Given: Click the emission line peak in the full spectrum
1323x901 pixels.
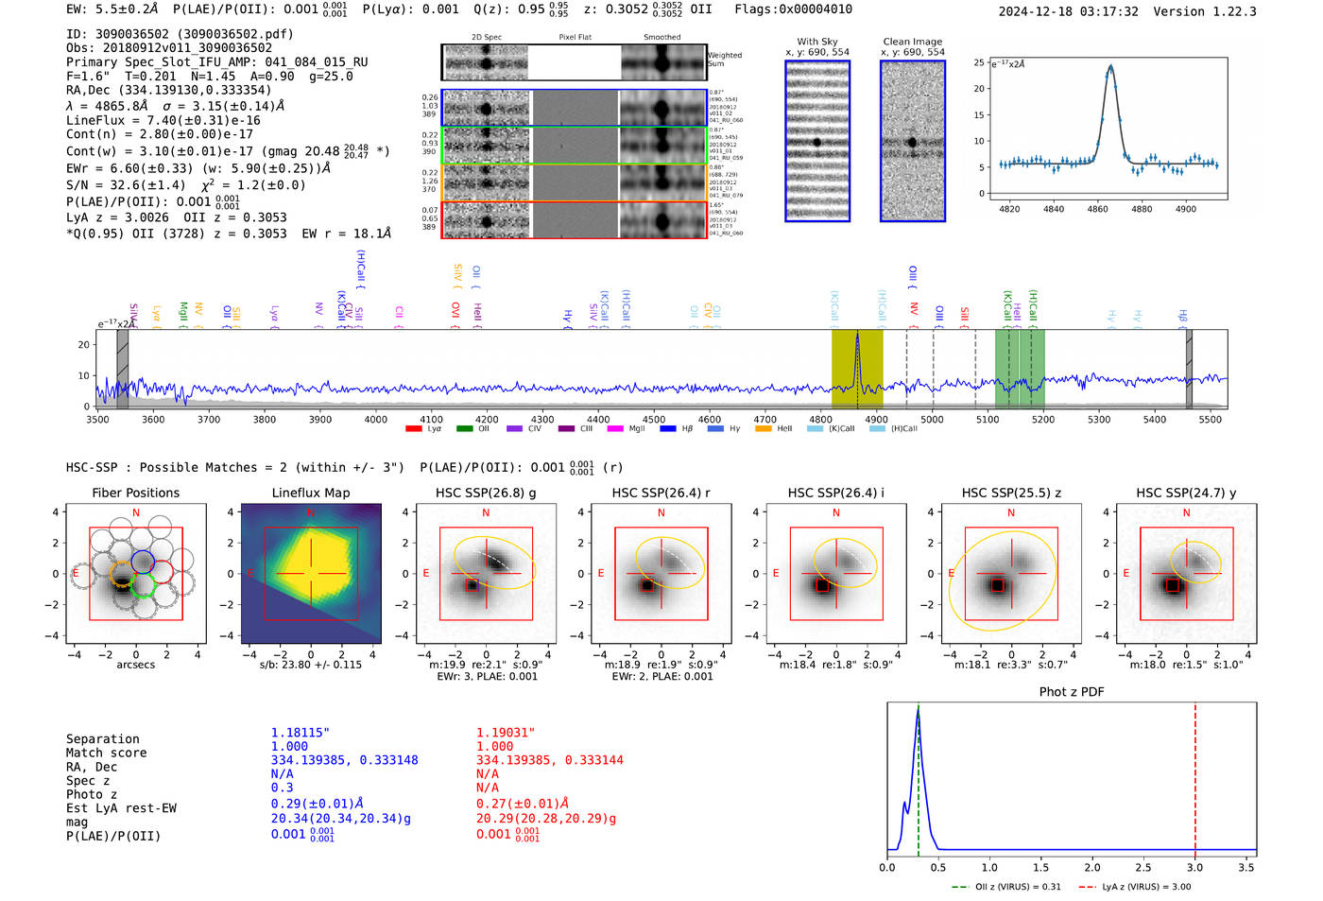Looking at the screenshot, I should click(857, 335).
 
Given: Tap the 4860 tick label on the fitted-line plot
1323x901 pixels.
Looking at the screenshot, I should click(1097, 209).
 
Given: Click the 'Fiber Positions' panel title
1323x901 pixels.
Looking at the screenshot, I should click(135, 493).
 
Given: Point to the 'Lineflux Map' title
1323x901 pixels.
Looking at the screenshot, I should click(311, 493).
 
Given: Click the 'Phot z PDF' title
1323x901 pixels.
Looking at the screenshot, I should click(1072, 692).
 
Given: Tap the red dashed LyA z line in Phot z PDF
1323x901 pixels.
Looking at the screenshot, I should click(1195, 775).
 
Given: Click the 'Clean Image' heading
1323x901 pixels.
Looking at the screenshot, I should click(912, 42).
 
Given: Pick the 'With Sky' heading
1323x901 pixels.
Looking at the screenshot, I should click(816, 42).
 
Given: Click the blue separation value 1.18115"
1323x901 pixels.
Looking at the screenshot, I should click(301, 733).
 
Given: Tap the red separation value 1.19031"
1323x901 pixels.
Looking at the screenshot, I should click(506, 733).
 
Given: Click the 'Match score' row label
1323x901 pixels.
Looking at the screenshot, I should click(107, 754).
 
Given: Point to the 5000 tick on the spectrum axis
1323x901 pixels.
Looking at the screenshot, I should click(932, 420).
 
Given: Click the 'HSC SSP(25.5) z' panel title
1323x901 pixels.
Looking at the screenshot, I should click(1011, 493).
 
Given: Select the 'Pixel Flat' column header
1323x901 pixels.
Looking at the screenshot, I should click(575, 37).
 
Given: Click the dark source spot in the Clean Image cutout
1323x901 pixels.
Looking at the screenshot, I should click(913, 143).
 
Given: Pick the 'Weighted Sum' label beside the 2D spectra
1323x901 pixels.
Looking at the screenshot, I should click(725, 60).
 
